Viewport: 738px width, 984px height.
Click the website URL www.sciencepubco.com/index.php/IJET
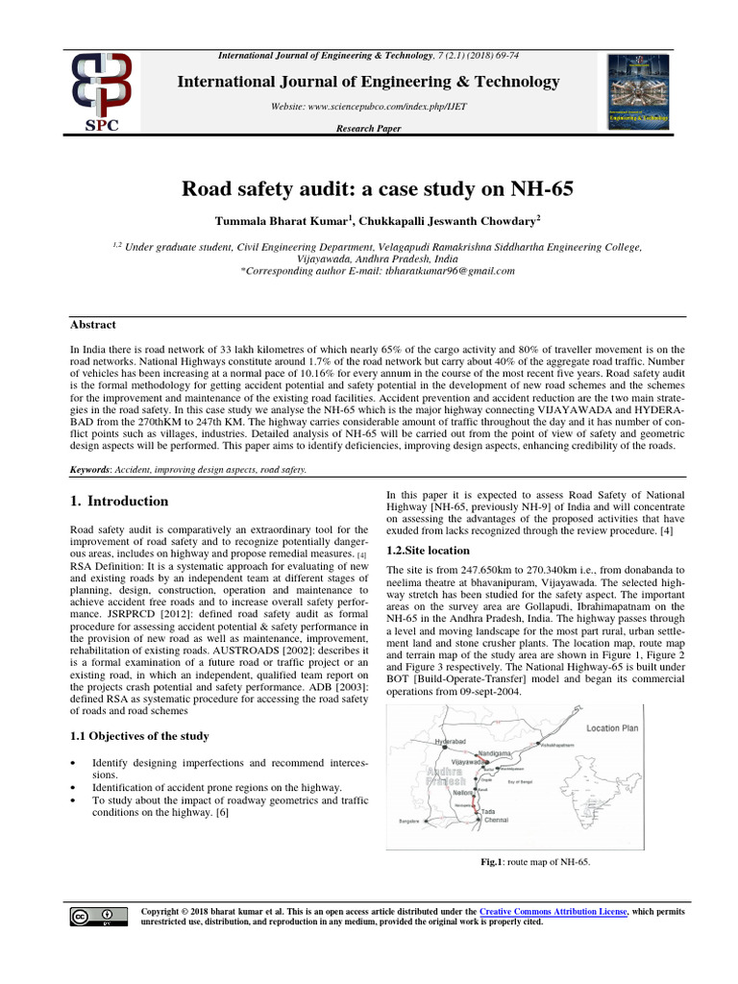pos(369,107)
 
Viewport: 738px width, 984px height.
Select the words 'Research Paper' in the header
pos(369,129)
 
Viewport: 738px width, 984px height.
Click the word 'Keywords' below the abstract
pos(91,469)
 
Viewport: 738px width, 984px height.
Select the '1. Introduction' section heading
pos(120,502)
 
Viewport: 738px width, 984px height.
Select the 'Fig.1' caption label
pos(492,862)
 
